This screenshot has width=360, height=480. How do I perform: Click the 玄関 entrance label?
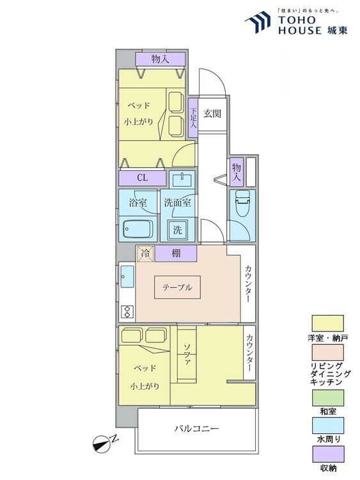click(x=212, y=114)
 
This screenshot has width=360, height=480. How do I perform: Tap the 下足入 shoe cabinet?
click(x=193, y=118)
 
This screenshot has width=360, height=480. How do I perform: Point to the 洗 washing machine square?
click(x=178, y=230)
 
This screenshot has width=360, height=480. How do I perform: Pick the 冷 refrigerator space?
click(x=145, y=254)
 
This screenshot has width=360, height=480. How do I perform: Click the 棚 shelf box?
click(x=176, y=253)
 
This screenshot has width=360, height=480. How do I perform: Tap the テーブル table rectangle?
click(x=177, y=287)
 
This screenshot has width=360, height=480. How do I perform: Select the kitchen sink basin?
click(x=127, y=276)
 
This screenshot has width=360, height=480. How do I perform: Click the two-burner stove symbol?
click(x=127, y=312)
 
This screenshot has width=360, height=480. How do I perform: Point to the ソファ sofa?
click(x=187, y=355)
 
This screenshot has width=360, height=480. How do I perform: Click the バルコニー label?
click(x=197, y=428)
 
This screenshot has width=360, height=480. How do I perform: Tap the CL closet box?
click(x=142, y=178)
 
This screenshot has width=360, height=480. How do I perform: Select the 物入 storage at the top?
click(x=160, y=59)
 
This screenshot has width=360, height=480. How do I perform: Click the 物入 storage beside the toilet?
click(x=237, y=172)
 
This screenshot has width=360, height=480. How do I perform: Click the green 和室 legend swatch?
click(x=327, y=397)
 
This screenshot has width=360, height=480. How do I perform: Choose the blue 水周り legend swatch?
click(x=327, y=426)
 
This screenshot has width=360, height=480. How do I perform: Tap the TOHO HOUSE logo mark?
click(x=258, y=22)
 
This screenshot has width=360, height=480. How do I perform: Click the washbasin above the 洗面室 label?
click(x=182, y=180)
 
